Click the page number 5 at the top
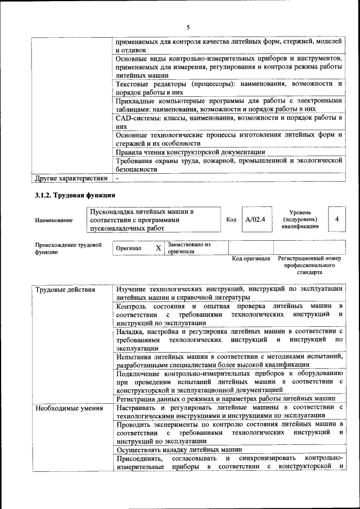(x=188, y=26)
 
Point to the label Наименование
(x=53, y=220)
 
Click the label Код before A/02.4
(x=231, y=219)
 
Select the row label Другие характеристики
(x=71, y=179)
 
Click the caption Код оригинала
(x=251, y=259)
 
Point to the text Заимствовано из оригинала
(x=188, y=248)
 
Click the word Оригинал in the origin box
(x=129, y=248)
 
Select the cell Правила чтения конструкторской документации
(x=190, y=152)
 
